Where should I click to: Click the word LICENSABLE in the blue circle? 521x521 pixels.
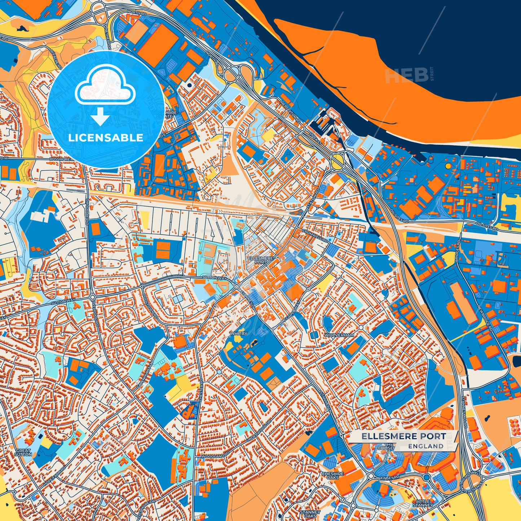[x=106, y=138]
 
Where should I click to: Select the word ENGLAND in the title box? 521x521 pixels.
[x=426, y=446]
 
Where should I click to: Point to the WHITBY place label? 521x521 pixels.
[x=239, y=334]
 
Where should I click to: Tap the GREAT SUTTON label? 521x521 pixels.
[x=23, y=452]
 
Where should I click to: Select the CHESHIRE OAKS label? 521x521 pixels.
[x=333, y=476]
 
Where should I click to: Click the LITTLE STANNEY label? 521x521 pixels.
[x=423, y=503]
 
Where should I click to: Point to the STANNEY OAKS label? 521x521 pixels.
[x=310, y=514]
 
